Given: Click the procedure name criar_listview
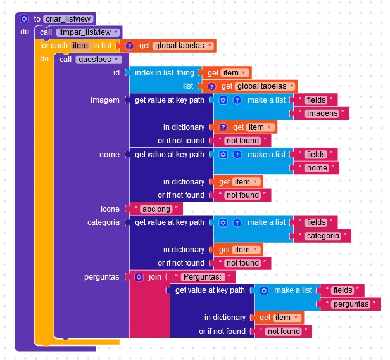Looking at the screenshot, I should pos(68,19).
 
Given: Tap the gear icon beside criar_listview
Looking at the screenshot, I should pos(24,19).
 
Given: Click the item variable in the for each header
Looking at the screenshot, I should pos(80,46).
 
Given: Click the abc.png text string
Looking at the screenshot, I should pos(154,209).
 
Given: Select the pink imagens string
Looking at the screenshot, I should pos(321,113).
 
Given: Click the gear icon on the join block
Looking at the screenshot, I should pos(139,277).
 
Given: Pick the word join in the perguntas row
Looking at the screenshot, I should pos(155,277).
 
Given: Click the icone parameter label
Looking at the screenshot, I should pos(110,209).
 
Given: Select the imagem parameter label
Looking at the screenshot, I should pos(105,100).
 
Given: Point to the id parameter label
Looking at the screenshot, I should pos(116,73).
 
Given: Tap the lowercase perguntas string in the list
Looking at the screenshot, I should pos(350,304).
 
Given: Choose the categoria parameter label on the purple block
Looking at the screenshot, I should pos(103,222).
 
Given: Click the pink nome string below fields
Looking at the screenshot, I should pos(317,168).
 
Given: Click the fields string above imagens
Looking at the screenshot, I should pos(315,100).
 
